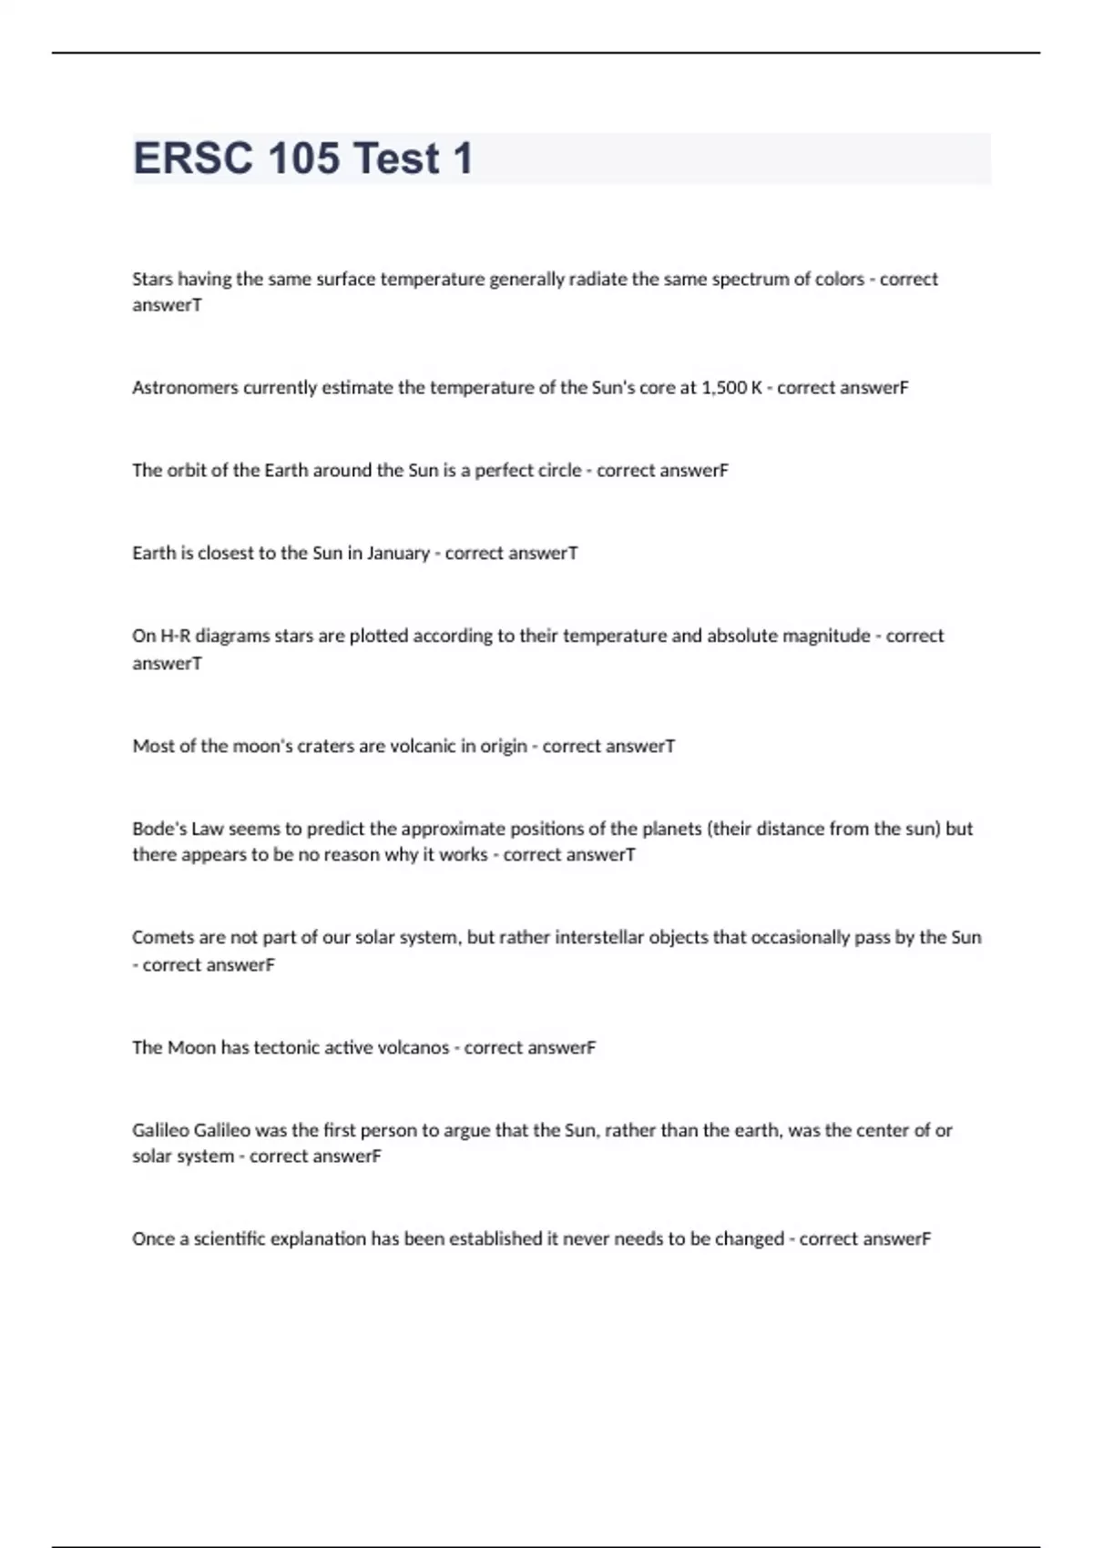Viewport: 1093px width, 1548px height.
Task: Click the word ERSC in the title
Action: click(x=193, y=158)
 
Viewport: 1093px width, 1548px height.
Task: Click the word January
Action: click(x=398, y=554)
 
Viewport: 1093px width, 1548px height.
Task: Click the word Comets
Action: click(x=162, y=938)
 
